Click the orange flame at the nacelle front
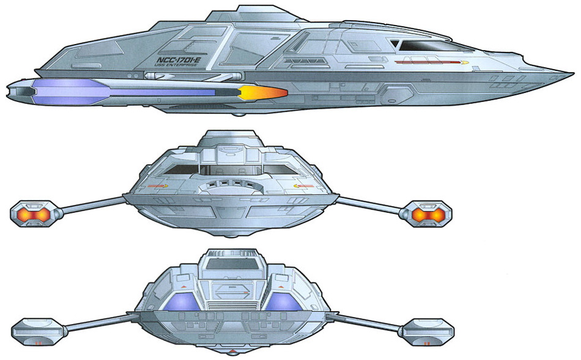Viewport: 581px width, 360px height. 264,93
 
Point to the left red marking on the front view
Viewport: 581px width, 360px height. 157,185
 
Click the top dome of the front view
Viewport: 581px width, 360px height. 230,138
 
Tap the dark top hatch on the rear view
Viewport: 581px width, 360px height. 231,263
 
